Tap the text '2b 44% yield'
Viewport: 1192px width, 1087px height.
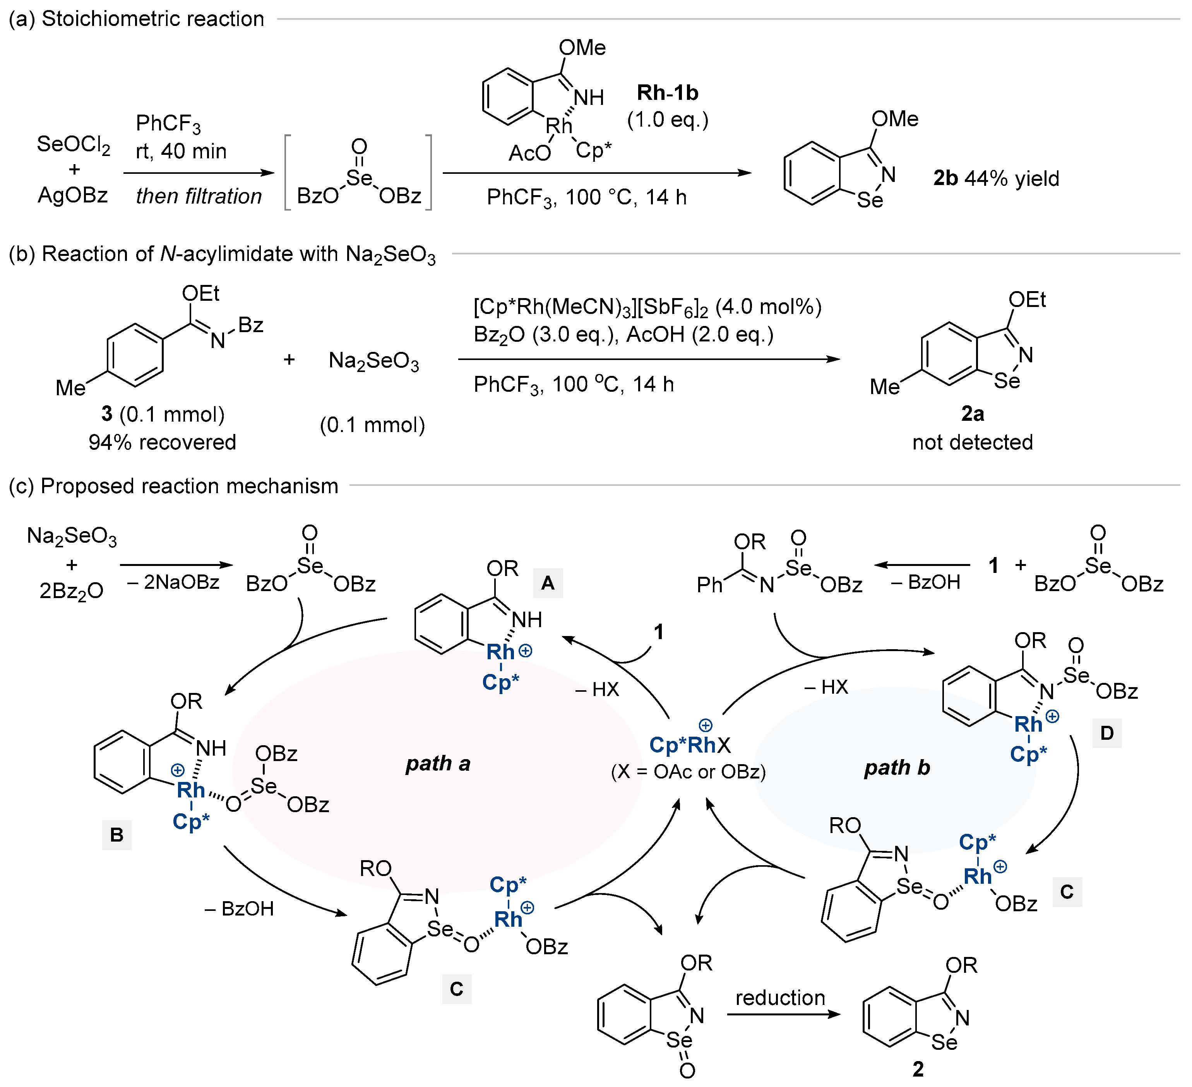click(x=996, y=178)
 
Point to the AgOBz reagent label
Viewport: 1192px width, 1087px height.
click(x=73, y=195)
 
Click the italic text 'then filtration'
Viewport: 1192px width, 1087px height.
click(x=199, y=196)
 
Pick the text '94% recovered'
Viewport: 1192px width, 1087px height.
click(x=162, y=442)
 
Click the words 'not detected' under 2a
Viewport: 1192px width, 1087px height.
click(x=972, y=442)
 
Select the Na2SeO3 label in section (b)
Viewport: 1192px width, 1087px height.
click(x=374, y=361)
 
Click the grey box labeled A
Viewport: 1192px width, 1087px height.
click(x=548, y=583)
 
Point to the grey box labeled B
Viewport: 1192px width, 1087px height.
click(x=116, y=835)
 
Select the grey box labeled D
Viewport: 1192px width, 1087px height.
click(x=1106, y=733)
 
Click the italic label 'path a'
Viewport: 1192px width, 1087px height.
click(x=438, y=763)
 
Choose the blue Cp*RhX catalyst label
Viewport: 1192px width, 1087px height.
click(x=689, y=744)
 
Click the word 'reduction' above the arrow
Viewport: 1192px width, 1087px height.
click(x=779, y=998)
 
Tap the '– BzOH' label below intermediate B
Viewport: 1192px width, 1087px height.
click(x=239, y=909)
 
